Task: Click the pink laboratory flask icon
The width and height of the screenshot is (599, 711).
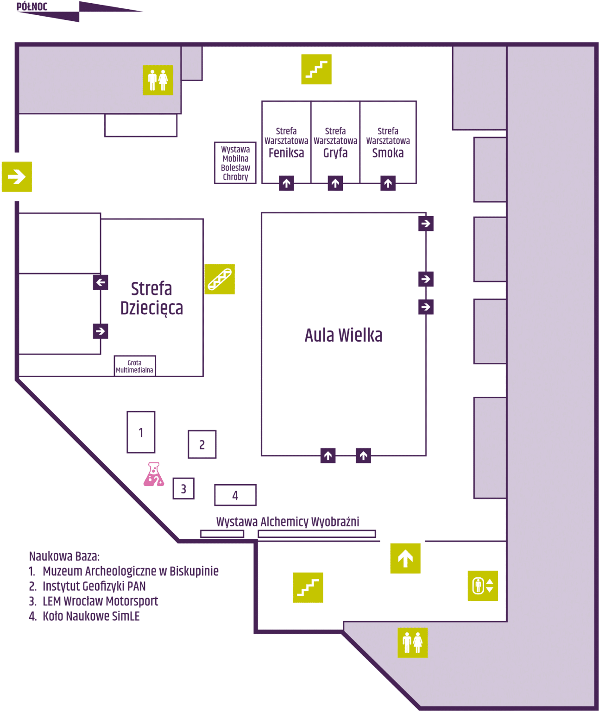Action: point(154,474)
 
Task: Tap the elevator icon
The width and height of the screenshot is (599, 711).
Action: point(483,586)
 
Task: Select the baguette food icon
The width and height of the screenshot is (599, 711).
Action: point(220,279)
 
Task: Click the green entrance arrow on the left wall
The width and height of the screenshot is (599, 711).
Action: point(17,176)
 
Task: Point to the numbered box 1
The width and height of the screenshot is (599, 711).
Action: point(141,432)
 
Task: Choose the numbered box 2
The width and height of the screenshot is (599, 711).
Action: point(202,444)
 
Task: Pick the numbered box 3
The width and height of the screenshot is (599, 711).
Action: point(183,488)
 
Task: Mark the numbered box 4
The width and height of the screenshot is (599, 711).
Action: point(235,495)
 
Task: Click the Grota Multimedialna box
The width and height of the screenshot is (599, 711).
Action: point(135,366)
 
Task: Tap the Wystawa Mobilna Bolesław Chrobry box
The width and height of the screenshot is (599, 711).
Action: point(235,163)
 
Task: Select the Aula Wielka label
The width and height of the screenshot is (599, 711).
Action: point(343,335)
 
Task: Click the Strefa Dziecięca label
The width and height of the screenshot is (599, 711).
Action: point(151,298)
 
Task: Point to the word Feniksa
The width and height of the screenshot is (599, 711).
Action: point(286,153)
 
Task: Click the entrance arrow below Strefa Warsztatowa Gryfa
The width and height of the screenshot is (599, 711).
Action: point(335,183)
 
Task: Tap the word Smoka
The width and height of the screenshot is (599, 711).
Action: point(388,153)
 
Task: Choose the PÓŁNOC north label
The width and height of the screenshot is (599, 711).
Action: point(32,6)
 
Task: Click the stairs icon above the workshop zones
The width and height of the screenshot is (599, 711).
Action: point(316,69)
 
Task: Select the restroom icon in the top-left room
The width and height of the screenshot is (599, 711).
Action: point(158,80)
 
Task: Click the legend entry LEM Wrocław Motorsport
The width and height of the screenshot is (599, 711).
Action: point(100,601)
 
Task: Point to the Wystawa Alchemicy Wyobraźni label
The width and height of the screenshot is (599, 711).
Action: point(288,522)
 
